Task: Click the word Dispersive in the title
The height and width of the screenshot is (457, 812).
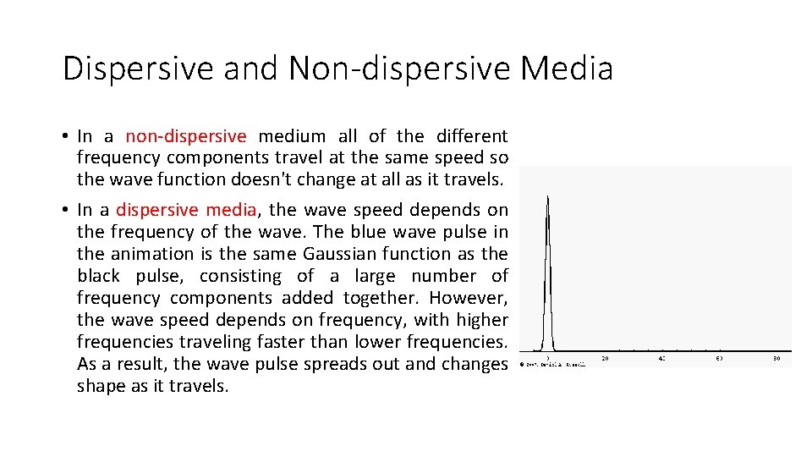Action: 137,69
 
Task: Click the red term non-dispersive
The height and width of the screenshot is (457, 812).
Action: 186,136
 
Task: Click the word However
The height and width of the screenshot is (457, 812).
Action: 468,298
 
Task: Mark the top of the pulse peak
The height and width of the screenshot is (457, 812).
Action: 548,197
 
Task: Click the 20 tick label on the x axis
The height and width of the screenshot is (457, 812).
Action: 606,358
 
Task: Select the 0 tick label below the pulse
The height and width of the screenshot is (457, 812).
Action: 548,358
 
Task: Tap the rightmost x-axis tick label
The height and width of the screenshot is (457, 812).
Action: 776,358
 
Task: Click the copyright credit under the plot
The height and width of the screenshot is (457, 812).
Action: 552,365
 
